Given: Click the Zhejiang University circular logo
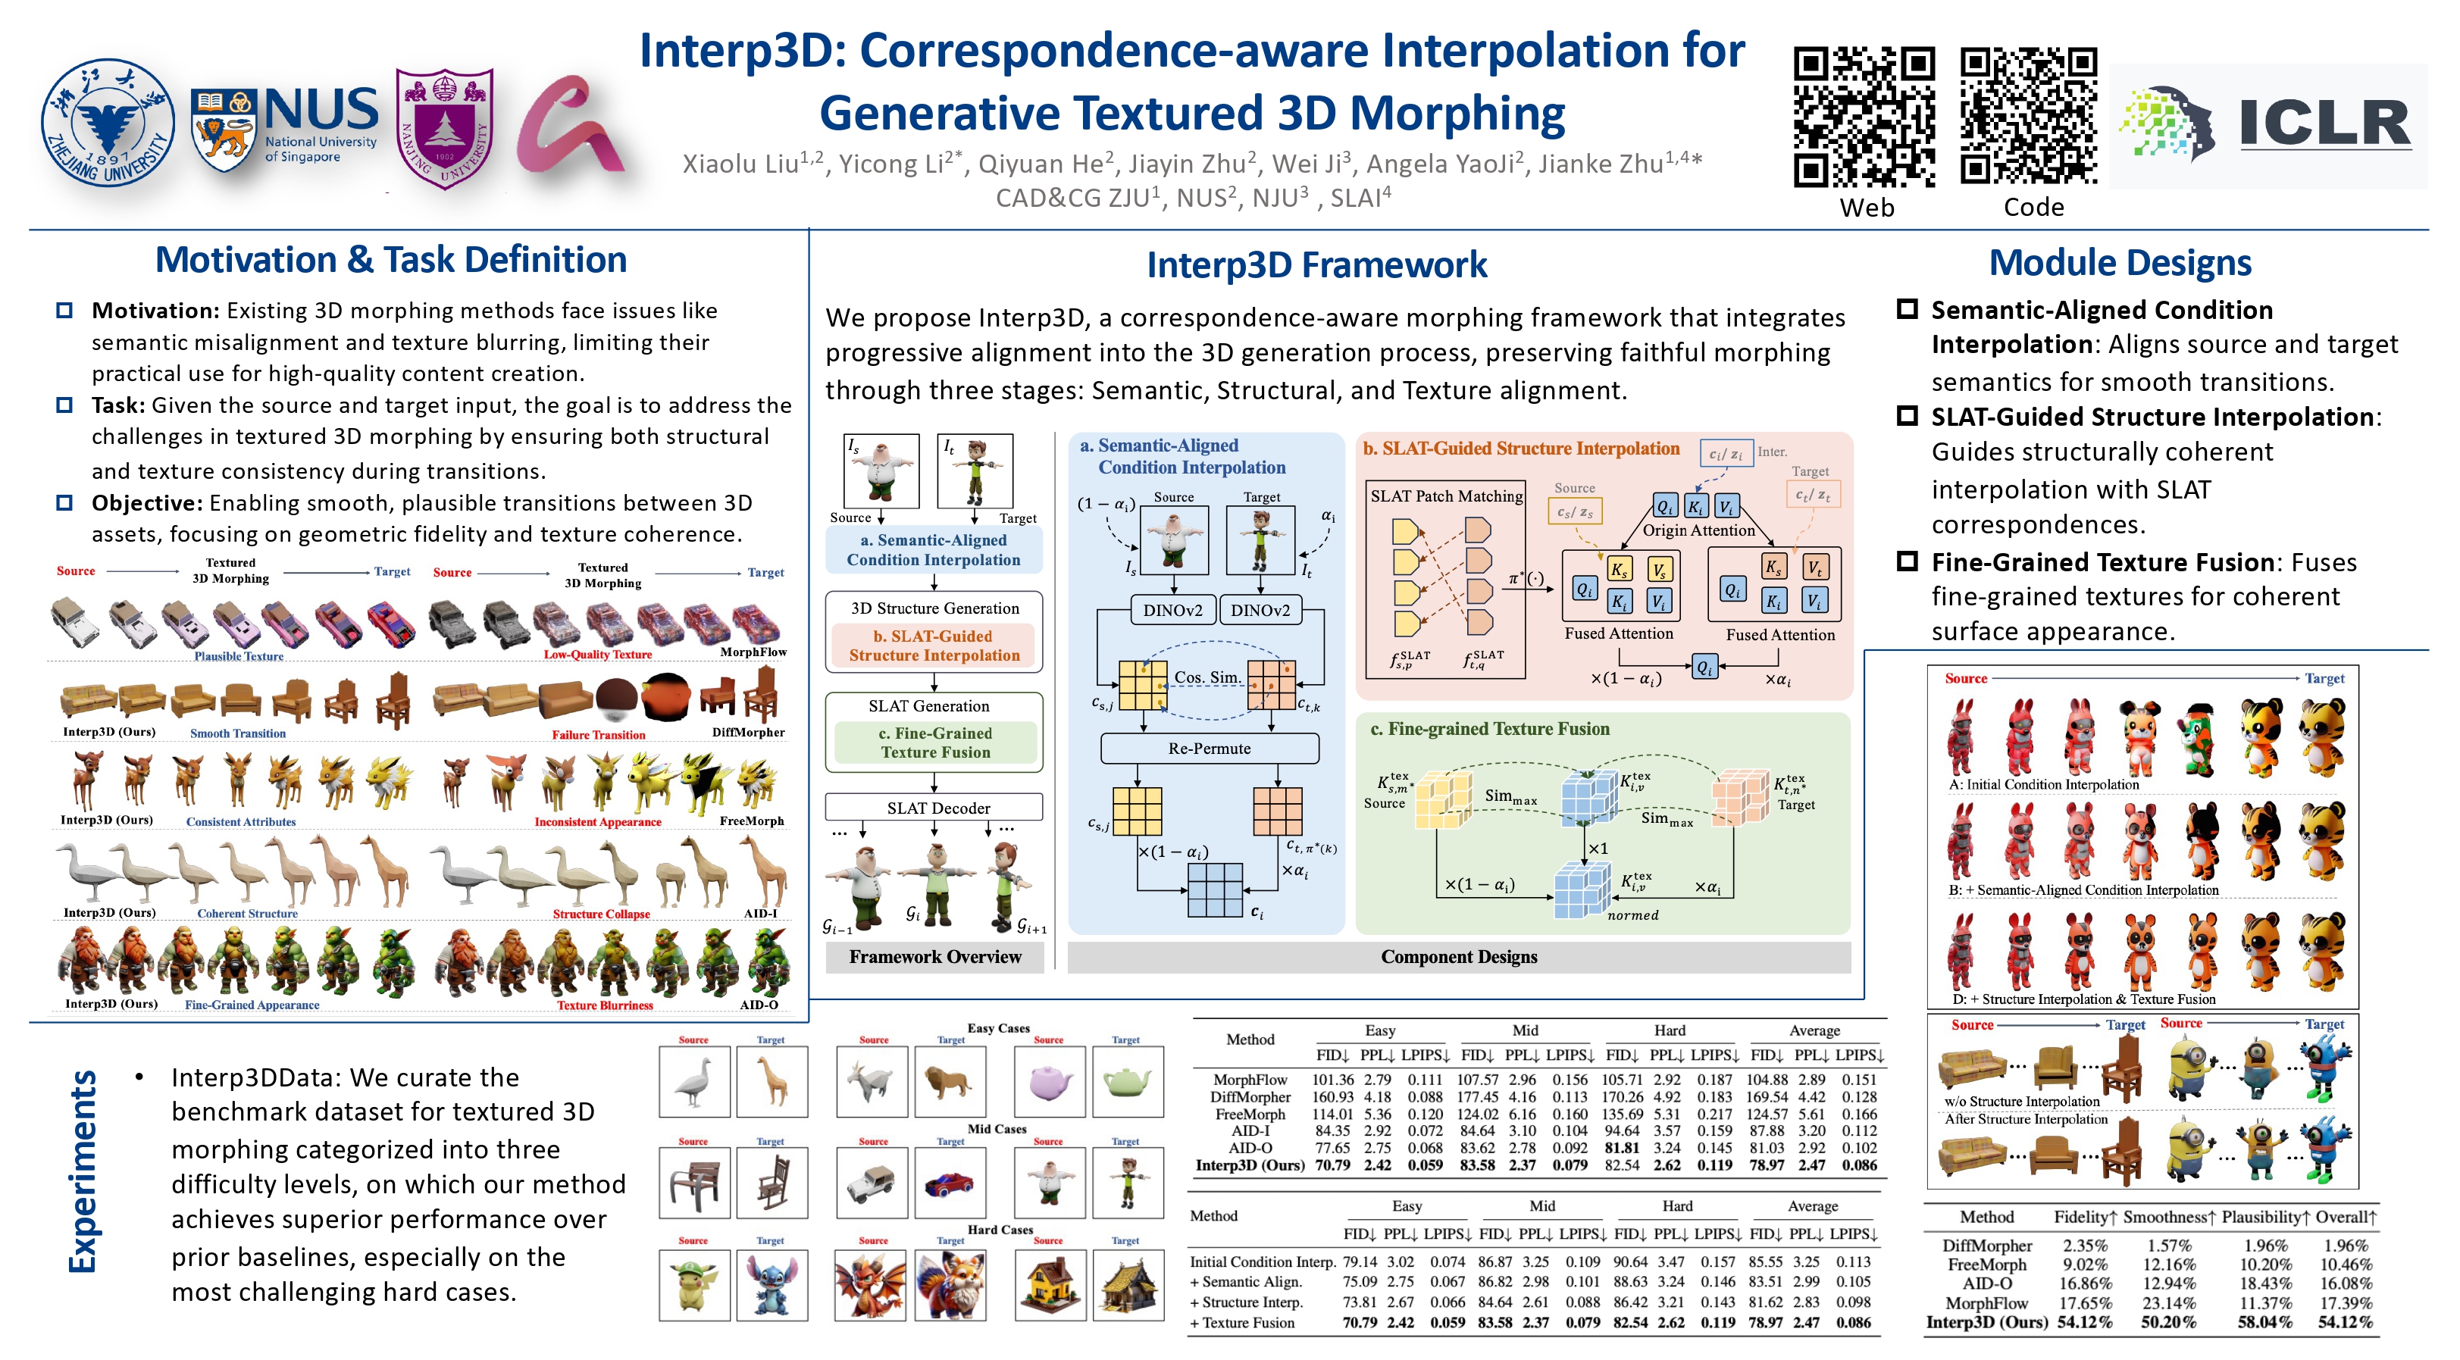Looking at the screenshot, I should coord(108,122).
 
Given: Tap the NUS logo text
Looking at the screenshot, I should coord(321,110).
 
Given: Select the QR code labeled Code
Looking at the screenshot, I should coord(2030,117).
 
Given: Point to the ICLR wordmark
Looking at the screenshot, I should coord(2324,124).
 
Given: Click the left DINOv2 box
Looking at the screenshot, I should coord(1172,610).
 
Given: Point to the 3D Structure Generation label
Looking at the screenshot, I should coord(935,608).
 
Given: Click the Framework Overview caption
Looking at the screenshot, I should coord(935,957).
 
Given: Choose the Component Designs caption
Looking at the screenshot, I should coord(1458,957).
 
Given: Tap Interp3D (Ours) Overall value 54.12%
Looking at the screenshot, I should coord(2346,1323).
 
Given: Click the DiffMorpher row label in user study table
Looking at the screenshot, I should coord(1986,1246).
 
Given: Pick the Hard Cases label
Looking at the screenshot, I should coord(1000,1230).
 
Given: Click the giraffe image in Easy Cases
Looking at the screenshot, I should coord(771,1082).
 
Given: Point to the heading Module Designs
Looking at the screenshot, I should coord(2119,263).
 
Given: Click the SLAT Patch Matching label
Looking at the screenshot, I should coord(1446,496).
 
